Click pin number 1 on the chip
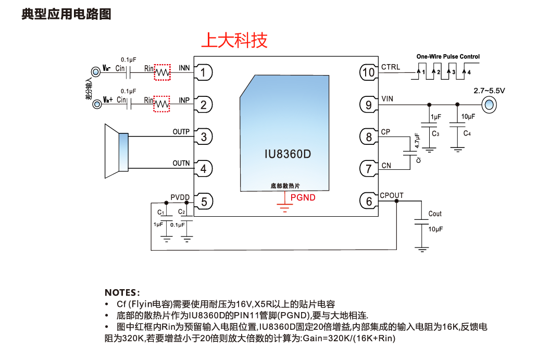pos(204,72)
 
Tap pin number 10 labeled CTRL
pos(368,72)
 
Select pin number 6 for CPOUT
pos(369,201)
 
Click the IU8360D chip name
pos(288,155)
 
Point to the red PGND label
pos(303,197)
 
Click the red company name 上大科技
pos(234,40)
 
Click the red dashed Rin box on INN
pos(162,72)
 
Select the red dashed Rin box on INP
pos(162,104)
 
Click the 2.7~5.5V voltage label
pos(489,90)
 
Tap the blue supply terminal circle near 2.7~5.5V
pos(489,105)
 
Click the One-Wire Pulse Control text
pos(448,56)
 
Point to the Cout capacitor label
pos(435,214)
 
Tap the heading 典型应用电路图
pos(66,14)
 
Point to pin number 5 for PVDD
pos(204,201)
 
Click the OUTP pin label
pos(181,132)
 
